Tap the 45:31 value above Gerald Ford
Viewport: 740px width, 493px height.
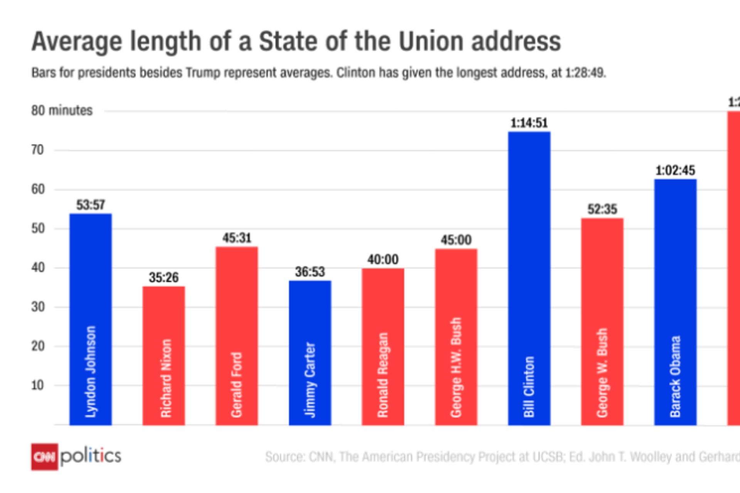[x=237, y=238]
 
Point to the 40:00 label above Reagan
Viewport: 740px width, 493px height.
[x=383, y=260]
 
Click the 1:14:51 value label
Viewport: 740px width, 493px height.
[x=529, y=123]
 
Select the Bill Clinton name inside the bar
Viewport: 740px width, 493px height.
[x=529, y=387]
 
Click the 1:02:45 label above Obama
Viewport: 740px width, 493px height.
[x=675, y=171]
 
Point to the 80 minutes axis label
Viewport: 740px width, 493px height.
[x=62, y=111]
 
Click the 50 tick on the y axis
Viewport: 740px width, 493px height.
[x=38, y=228]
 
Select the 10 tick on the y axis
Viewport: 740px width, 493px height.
[x=38, y=385]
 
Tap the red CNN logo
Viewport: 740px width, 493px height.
[x=44, y=457]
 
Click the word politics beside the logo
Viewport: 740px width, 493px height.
[x=91, y=456]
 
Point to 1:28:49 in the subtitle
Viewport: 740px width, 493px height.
[x=585, y=73]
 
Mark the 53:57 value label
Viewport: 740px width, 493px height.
[x=91, y=205]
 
